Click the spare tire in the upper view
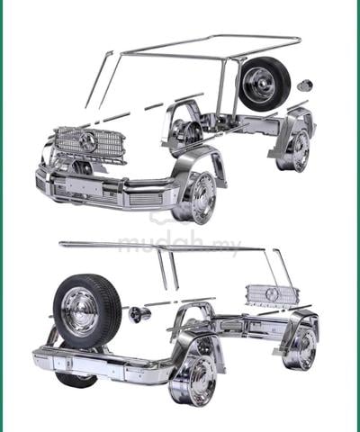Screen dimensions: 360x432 click(265, 85)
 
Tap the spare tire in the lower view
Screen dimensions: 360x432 click(87, 311)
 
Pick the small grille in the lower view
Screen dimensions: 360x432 click(272, 294)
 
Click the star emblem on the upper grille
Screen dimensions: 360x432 click(88, 142)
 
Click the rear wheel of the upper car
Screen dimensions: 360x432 click(293, 151)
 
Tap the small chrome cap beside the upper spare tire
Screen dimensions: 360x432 click(305, 85)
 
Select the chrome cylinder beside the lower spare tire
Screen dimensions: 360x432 click(139, 315)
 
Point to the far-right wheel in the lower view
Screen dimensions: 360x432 click(300, 348)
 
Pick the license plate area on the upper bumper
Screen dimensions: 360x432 click(84, 186)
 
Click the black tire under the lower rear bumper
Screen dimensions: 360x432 click(76, 380)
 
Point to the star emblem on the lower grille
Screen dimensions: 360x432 click(272, 294)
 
